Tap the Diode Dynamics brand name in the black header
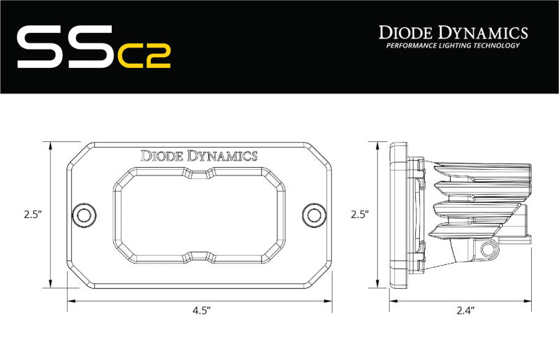453,32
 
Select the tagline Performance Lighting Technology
453,46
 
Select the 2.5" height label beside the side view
359,215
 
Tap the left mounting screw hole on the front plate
85,215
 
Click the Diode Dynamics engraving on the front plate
199,156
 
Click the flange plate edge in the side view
398,215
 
